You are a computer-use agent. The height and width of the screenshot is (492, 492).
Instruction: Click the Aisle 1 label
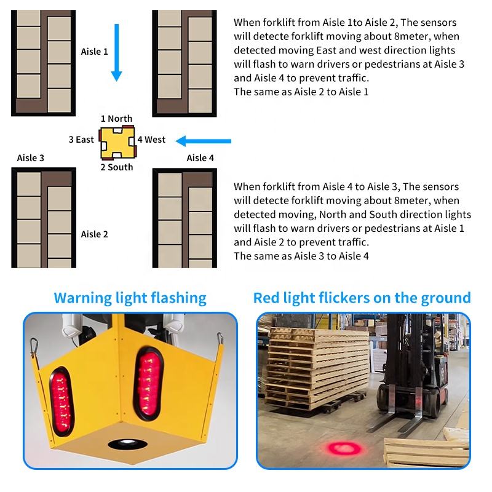point(94,52)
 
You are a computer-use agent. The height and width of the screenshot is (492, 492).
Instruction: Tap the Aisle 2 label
point(94,234)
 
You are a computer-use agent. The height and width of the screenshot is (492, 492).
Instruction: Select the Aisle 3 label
point(31,158)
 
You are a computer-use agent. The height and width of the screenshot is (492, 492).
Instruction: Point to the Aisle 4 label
point(200,158)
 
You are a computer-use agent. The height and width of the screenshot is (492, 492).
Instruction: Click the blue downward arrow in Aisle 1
point(116,52)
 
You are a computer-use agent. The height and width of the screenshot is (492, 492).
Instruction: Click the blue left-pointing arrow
point(203,140)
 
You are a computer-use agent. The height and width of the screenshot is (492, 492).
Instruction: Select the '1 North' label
point(116,119)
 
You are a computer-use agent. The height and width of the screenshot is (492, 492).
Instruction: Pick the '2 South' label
point(116,167)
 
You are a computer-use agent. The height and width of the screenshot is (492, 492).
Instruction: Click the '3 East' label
point(81,140)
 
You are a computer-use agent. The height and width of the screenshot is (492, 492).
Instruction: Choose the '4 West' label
point(151,140)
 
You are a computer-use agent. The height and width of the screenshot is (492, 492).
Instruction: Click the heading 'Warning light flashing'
point(130,298)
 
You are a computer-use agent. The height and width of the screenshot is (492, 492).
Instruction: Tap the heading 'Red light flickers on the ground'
point(362,298)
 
